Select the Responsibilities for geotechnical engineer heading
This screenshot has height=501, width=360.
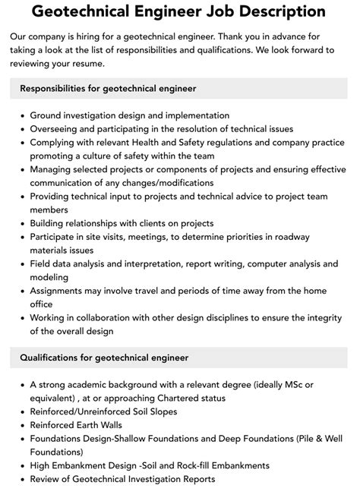pos(109,89)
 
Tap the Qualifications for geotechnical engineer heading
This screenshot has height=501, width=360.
pos(104,357)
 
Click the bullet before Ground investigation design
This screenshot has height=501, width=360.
pos(21,116)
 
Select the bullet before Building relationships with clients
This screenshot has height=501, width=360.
pos(21,224)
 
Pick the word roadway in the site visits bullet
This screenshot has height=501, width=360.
pos(314,237)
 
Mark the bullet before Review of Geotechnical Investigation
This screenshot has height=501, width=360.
pos(21,478)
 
